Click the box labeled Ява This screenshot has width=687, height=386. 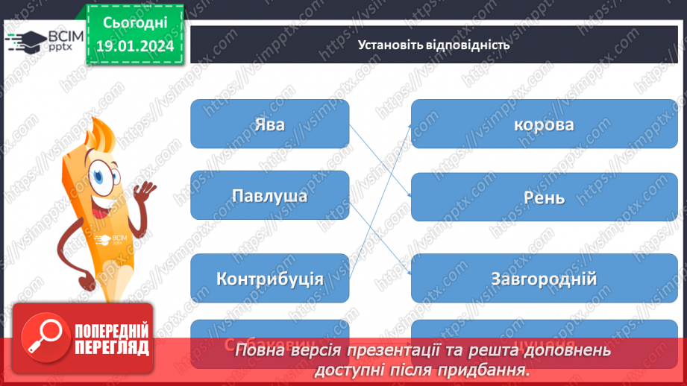pyautogui.click(x=269, y=124)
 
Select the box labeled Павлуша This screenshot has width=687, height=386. pyautogui.click(x=269, y=196)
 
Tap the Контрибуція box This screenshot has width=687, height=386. pyautogui.click(x=269, y=279)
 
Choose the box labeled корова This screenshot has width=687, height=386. pyautogui.click(x=544, y=124)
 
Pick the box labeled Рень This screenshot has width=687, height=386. pyautogui.click(x=544, y=198)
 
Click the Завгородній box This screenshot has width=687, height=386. pyautogui.click(x=544, y=279)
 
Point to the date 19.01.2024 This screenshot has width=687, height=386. pyautogui.click(x=135, y=46)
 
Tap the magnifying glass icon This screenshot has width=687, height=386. pyautogui.click(x=44, y=337)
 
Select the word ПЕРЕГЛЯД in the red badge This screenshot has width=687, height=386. pyautogui.click(x=111, y=347)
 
